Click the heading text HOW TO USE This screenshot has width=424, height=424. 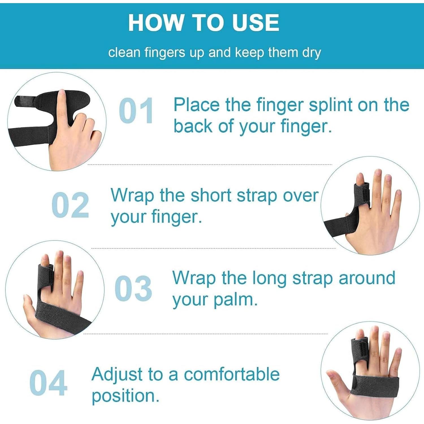(204, 23)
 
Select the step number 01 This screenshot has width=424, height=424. (136, 111)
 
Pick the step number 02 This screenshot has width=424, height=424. (70, 205)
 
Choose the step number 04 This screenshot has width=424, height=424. (48, 383)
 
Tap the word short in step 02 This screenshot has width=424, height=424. (211, 196)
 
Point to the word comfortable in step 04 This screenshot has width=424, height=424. (232, 375)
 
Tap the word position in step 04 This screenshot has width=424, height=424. (124, 396)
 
